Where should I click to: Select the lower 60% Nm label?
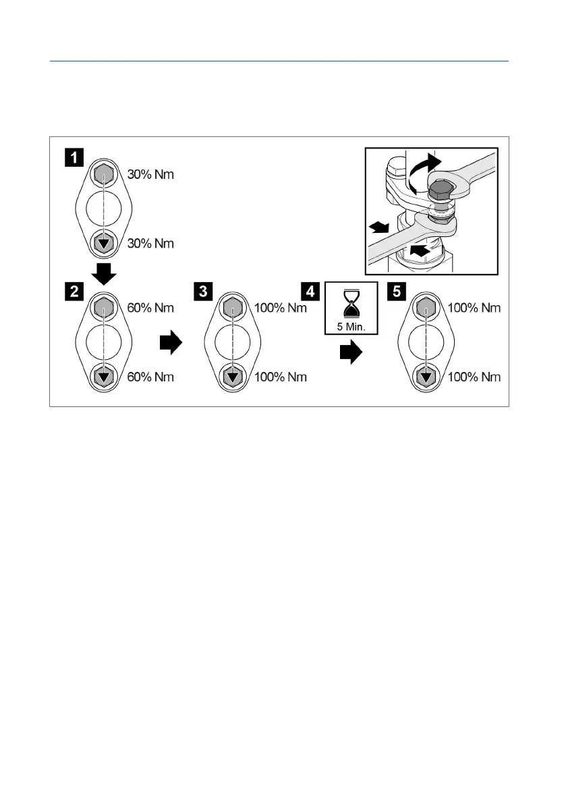click(150, 377)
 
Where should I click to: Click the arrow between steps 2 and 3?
click(171, 344)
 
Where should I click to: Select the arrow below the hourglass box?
click(350, 352)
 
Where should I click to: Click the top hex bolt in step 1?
click(103, 175)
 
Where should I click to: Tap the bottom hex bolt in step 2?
click(103, 377)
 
